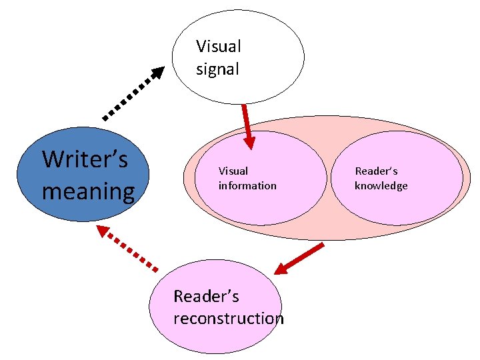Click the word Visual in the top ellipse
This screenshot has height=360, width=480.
click(218, 47)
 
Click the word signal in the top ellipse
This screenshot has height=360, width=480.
click(217, 69)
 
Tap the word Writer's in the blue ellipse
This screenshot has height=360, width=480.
click(85, 160)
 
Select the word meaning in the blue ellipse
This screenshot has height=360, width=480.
click(88, 191)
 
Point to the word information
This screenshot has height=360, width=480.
click(247, 185)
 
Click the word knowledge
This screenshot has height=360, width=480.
click(381, 185)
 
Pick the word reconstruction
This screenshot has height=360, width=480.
click(228, 318)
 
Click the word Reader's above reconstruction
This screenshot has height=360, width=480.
click(206, 296)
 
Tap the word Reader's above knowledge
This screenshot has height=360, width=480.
click(376, 171)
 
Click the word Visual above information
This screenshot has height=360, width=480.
click(233, 171)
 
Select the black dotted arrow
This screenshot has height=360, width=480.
click(130, 95)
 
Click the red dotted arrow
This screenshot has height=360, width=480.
click(130, 249)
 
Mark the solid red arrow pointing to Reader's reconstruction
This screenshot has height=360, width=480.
click(300, 259)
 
